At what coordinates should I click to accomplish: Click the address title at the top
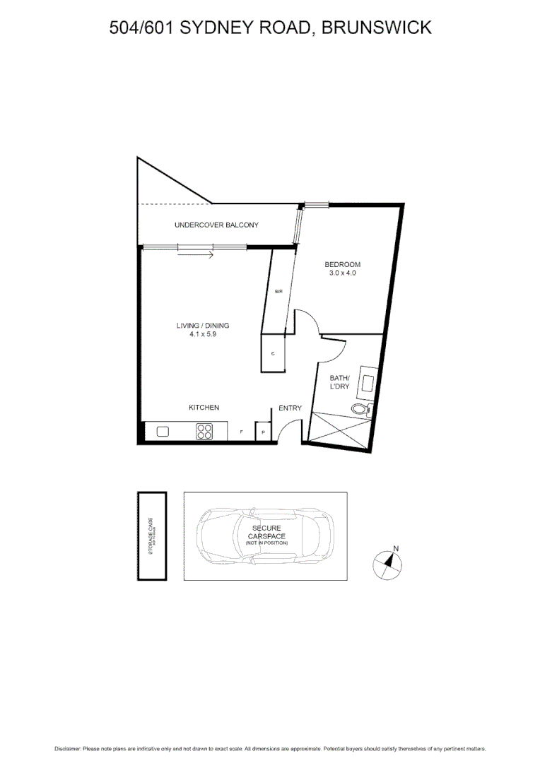[x=270, y=28]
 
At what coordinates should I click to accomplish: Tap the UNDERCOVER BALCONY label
[x=216, y=225]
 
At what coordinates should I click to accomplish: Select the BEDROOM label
[x=342, y=264]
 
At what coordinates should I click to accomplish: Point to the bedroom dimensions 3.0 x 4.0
[x=342, y=273]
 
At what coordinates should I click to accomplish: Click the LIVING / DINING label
[x=203, y=326]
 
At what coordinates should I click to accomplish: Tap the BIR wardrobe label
[x=278, y=291]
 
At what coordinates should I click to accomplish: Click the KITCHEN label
[x=204, y=408]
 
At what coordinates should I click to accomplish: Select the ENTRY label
[x=290, y=408]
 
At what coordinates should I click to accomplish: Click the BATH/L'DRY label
[x=340, y=382]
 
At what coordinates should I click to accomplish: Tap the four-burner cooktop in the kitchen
[x=204, y=431]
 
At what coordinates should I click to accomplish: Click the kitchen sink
[x=163, y=431]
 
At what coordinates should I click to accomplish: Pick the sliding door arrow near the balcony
[x=195, y=254]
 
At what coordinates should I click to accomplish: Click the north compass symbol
[x=387, y=563]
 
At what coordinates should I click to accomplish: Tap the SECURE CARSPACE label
[x=266, y=533]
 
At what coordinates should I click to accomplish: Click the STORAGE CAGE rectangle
[x=151, y=536]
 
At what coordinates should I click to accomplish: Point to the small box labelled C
[x=273, y=353]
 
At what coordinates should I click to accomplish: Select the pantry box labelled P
[x=263, y=432]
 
